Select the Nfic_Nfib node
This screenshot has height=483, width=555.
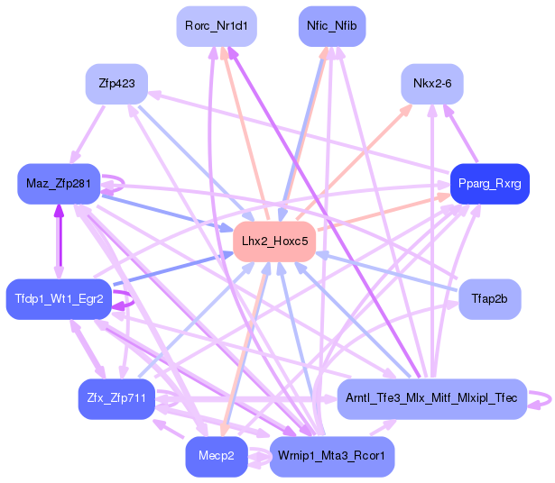point(331,26)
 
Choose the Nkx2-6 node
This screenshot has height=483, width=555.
point(438,84)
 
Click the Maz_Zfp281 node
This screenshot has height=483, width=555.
point(59,185)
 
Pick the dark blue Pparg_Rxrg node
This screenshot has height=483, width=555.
point(489,184)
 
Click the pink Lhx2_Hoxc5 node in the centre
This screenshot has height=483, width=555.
point(274,241)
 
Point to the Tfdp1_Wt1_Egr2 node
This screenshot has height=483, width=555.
point(59,298)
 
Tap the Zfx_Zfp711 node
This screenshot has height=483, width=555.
point(117,398)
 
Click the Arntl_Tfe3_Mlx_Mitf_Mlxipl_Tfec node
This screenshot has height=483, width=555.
point(431,398)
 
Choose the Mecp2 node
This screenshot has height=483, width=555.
point(217,457)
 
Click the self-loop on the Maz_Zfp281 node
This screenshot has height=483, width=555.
point(115,183)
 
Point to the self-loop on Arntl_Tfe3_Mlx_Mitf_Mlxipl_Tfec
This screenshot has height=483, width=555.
point(541,399)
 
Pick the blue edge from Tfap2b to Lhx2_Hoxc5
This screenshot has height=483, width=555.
point(388,271)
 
